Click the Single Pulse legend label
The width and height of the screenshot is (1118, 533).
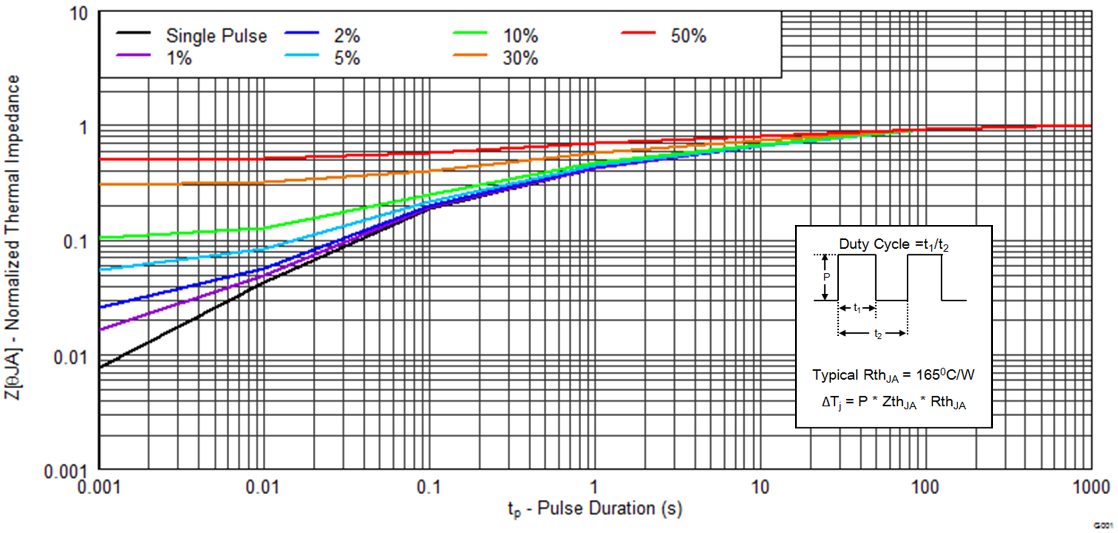216,36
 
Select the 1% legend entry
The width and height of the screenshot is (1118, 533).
179,59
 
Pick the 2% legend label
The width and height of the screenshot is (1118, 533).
346,36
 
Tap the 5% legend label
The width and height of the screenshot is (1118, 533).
347,59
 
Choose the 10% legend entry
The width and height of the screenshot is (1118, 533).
520,36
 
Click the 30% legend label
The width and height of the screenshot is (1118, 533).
520,59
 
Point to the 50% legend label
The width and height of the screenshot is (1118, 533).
688,36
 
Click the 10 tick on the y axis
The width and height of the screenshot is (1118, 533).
78,14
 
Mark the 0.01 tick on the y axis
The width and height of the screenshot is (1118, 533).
71,358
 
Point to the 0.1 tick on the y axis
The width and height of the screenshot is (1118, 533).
76,242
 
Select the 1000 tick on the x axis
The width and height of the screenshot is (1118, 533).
1091,487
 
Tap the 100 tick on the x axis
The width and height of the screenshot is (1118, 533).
924,487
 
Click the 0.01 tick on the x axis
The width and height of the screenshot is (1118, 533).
262,487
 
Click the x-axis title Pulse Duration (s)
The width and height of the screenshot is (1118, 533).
595,509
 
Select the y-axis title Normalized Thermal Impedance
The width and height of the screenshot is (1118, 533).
13,236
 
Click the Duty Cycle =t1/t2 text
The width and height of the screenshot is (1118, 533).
893,245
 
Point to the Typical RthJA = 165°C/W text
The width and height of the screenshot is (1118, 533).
893,375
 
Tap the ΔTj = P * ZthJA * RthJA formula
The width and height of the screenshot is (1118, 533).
893,402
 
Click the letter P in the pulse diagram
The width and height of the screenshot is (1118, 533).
826,277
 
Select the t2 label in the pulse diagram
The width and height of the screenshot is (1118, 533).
877,334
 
